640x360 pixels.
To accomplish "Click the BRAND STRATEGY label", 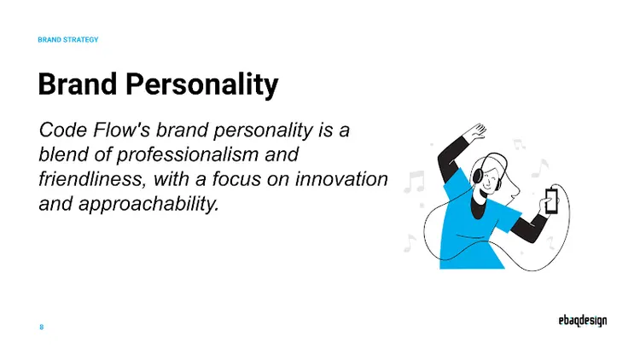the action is [68, 39].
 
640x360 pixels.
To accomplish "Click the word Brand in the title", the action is [78, 84].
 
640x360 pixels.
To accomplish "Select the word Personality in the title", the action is [201, 85].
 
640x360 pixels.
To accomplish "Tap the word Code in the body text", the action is [63, 131].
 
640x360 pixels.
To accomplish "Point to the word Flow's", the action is [122, 131].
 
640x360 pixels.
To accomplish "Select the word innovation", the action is [341, 179].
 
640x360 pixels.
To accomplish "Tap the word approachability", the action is [148, 204].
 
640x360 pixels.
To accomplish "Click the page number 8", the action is [41, 327].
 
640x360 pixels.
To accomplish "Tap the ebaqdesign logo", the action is [583, 321].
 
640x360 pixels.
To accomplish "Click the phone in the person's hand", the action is [551, 200].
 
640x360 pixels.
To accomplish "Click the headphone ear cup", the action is [478, 176].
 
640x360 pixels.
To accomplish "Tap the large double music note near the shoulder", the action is [414, 182].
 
